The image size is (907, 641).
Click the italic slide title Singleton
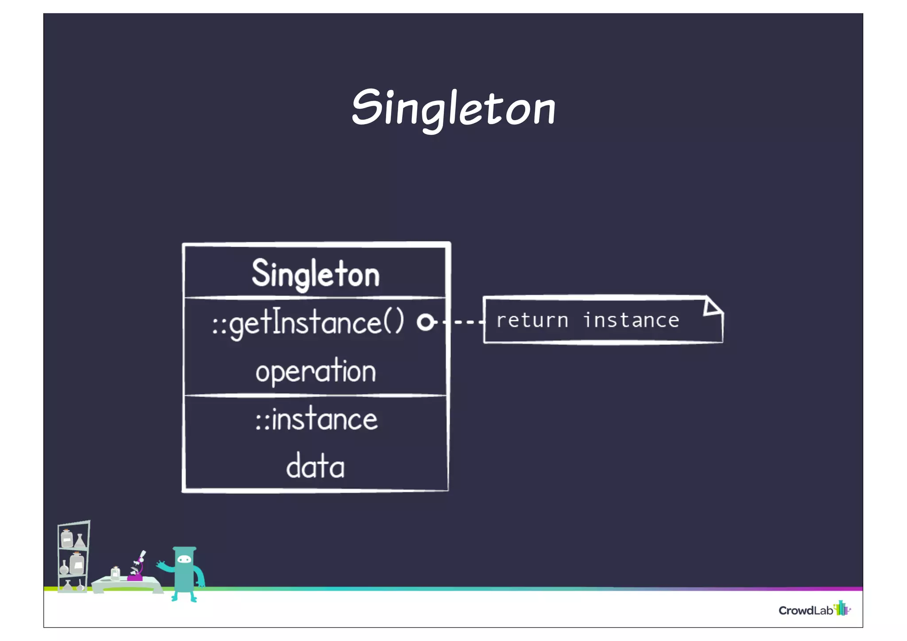pyautogui.click(x=453, y=109)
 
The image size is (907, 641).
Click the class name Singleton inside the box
pyautogui.click(x=316, y=274)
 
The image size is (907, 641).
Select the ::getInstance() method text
pyautogui.click(x=308, y=322)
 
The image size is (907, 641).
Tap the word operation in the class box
pyautogui.click(x=315, y=371)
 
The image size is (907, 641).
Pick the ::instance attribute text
pyautogui.click(x=316, y=420)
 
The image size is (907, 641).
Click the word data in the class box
pyautogui.click(x=315, y=467)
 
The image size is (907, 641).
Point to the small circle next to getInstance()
pyautogui.click(x=426, y=322)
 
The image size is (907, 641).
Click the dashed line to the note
pyautogui.click(x=463, y=322)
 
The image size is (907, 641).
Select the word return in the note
pyautogui.click(x=532, y=320)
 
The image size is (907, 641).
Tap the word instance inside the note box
pyautogui.click(x=631, y=320)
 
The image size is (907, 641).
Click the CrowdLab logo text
pyautogui.click(x=805, y=610)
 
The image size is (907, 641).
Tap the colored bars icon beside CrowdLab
pyautogui.click(x=841, y=608)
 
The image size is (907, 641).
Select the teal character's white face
pyautogui.click(x=184, y=559)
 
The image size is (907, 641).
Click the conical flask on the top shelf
pyautogui.click(x=80, y=541)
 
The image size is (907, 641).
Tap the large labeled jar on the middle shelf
pyautogui.click(x=77, y=563)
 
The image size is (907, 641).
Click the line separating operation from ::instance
pyautogui.click(x=315, y=395)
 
